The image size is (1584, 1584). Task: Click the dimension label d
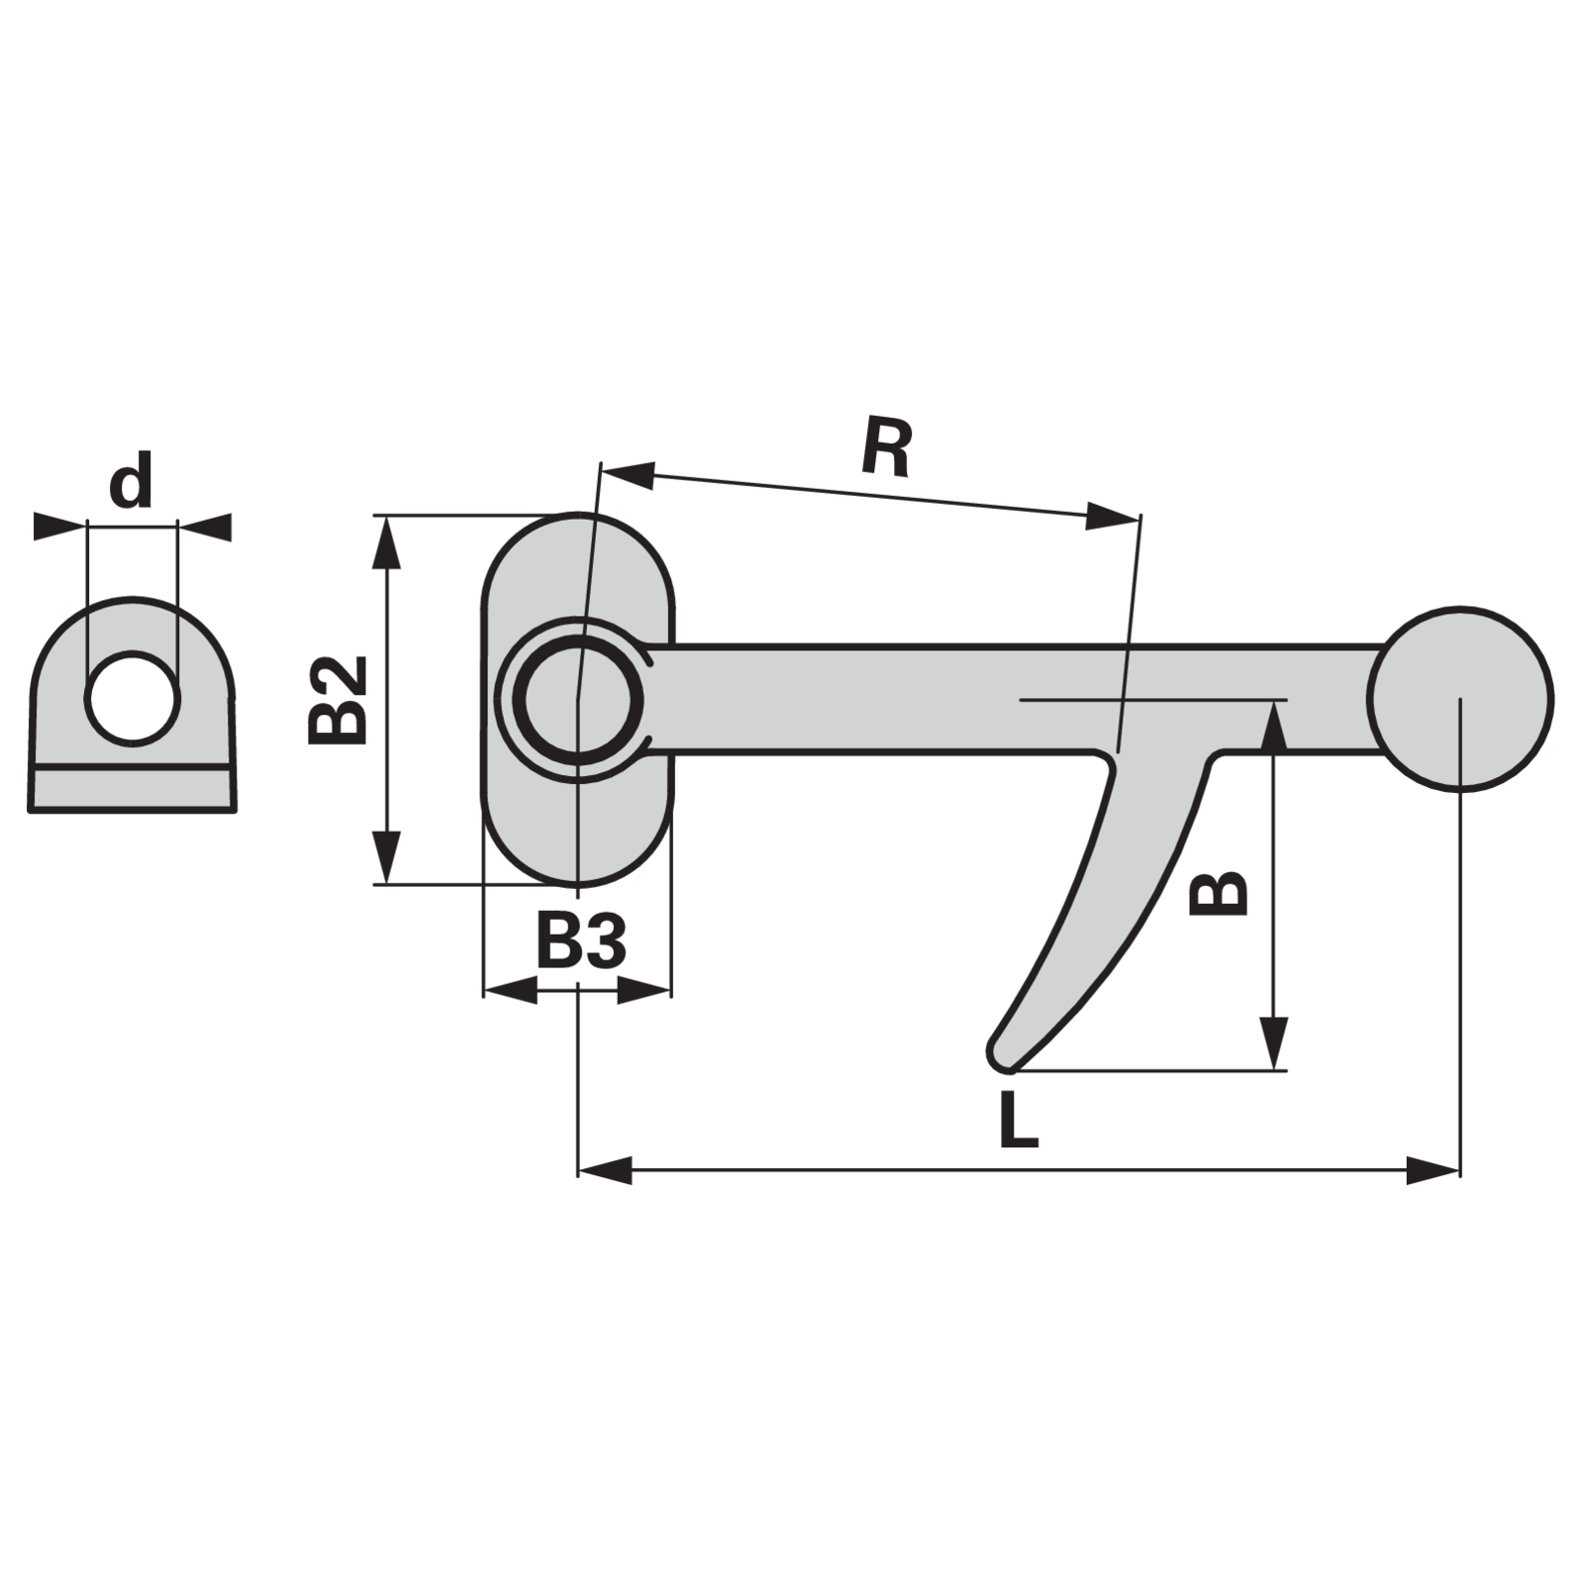point(131,480)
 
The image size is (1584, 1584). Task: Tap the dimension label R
point(885,447)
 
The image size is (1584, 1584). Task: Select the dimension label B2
point(338,700)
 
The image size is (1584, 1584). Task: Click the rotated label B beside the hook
point(1218,893)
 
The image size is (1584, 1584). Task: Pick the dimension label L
point(1019,1120)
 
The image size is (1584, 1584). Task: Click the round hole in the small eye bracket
point(133,699)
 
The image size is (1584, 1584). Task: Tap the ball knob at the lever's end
point(1461,699)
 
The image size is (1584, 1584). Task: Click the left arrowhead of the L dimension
point(605,1171)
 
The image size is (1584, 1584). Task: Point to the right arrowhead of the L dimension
point(1434,1171)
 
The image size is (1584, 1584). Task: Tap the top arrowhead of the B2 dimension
point(387,542)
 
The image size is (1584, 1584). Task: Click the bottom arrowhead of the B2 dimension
point(387,858)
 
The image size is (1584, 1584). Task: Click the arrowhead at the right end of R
point(1111,515)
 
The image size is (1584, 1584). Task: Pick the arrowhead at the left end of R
point(628,470)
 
